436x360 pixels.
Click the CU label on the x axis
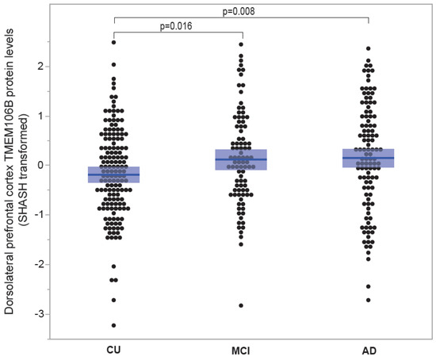114,350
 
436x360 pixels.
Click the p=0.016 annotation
176,25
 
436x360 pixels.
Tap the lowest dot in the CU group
114,325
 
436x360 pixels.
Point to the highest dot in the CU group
114,42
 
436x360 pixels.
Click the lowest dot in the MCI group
241,305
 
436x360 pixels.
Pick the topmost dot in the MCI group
241,44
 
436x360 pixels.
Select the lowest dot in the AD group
369,300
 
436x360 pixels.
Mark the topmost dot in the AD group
369,48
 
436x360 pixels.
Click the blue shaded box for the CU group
114,174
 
